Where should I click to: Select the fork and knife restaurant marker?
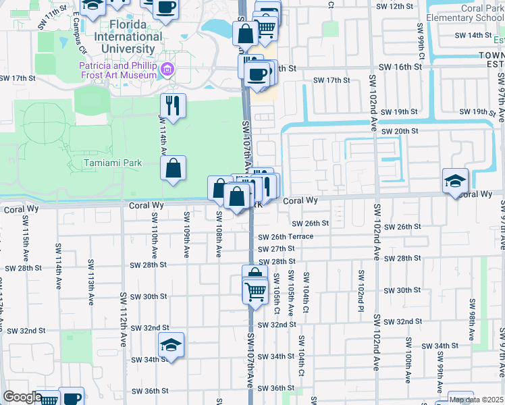[173, 105]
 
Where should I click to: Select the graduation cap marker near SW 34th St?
[171, 346]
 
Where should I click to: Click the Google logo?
[22, 397]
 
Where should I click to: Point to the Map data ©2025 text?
[477, 400]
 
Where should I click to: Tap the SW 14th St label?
[471, 34]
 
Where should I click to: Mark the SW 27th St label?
[277, 249]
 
